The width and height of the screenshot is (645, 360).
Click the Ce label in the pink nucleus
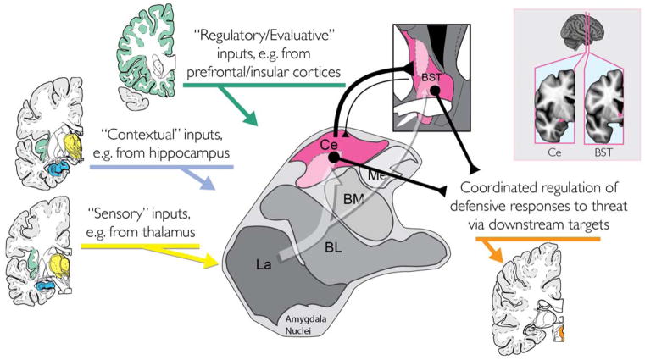pos(330,147)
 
